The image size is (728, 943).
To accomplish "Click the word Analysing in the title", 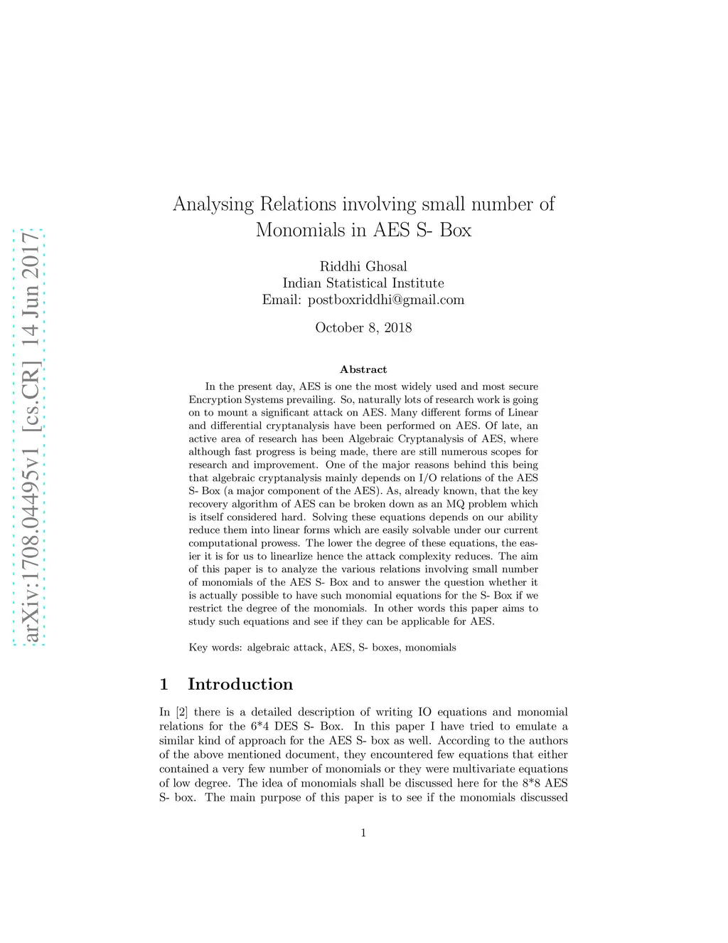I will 213,205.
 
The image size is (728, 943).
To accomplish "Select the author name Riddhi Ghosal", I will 363,267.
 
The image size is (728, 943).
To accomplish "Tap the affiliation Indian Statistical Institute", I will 363,283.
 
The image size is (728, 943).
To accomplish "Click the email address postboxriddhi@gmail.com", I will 386,300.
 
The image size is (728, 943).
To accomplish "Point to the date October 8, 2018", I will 363,328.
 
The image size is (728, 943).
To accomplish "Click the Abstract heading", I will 363,369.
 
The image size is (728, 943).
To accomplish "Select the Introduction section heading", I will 240,685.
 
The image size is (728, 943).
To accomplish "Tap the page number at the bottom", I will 363,833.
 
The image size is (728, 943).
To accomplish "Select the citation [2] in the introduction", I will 182,712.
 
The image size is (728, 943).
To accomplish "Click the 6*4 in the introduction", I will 259,727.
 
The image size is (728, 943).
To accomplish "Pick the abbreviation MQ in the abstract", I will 455,505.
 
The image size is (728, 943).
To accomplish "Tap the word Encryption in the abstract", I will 213,400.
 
